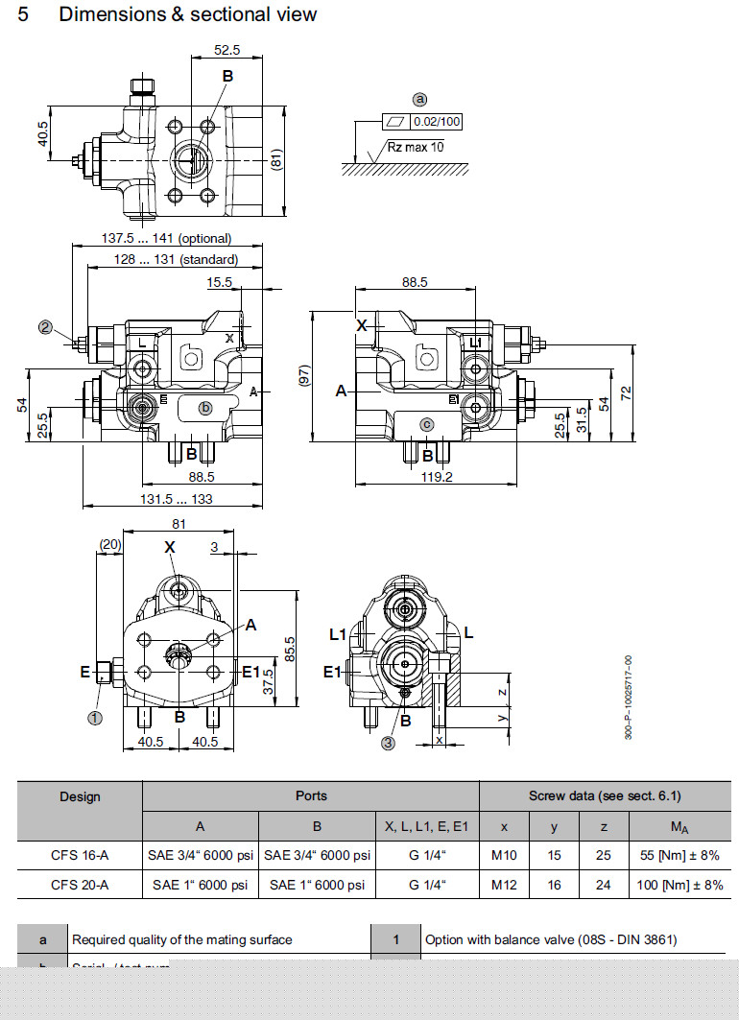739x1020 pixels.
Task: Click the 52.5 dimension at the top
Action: point(227,50)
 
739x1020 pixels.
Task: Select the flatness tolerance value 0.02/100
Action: point(437,122)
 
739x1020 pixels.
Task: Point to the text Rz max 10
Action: point(416,147)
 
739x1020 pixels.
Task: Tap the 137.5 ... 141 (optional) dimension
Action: point(167,238)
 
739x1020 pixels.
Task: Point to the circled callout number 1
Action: point(95,716)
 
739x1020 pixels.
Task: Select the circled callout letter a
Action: point(419,99)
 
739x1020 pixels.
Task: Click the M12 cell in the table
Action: point(504,885)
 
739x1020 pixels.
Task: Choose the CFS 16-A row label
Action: point(80,855)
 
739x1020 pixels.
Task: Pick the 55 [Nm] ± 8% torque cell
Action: point(680,855)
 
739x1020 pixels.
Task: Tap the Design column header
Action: point(80,796)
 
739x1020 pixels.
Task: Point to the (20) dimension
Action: point(110,545)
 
